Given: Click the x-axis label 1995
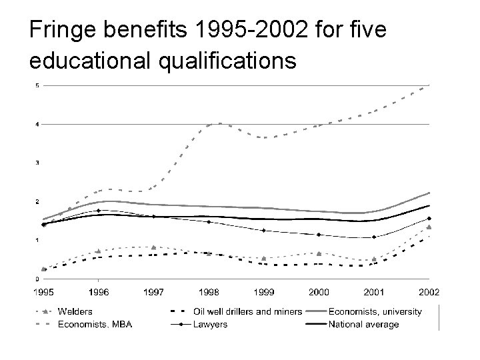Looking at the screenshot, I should (x=44, y=291).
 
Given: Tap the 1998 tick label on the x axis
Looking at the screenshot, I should (x=209, y=291).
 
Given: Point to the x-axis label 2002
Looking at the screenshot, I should (x=429, y=291).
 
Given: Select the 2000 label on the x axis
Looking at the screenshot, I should (x=319, y=291).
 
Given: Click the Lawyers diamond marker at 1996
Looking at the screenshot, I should (x=99, y=211).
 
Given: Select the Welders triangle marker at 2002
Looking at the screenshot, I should (x=429, y=227).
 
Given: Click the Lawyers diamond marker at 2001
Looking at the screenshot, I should (x=374, y=237).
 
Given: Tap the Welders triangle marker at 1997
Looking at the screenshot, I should (x=154, y=247).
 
